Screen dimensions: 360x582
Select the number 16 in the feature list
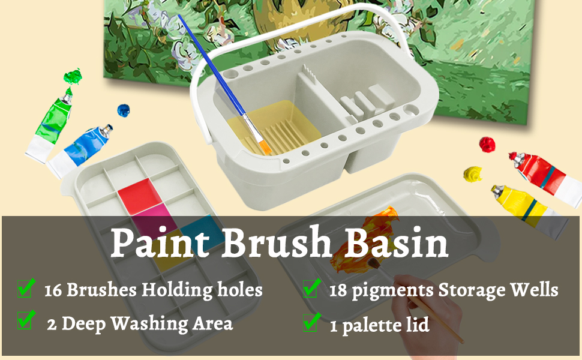(53, 290)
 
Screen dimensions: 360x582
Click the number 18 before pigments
(340, 290)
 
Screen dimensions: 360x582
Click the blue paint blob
(124, 110)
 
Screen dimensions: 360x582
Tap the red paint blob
(487, 144)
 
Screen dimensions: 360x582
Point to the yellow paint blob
(473, 175)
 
